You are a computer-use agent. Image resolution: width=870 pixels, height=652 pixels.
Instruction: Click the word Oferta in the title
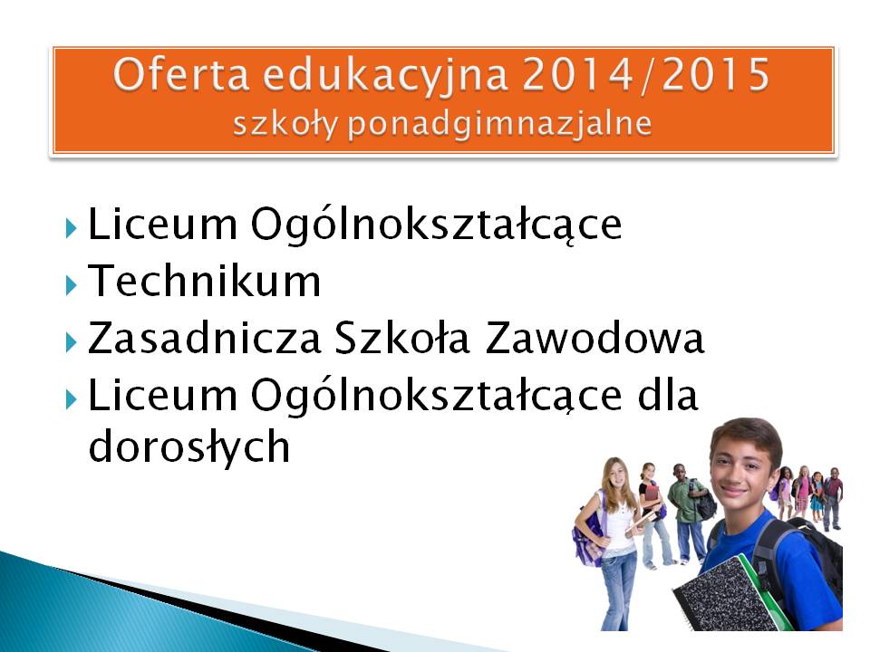tap(181, 74)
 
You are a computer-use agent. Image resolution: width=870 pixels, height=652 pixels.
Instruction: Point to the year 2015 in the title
tap(715, 74)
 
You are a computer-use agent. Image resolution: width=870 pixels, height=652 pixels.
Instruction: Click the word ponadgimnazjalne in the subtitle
tap(499, 124)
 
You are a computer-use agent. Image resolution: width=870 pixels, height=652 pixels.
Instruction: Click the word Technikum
tap(205, 281)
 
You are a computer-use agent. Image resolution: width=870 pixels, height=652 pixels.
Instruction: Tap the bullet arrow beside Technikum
tap(71, 285)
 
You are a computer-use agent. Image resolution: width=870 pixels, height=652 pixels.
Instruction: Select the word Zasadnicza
tap(205, 338)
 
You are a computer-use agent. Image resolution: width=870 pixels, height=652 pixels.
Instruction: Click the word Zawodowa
tap(594, 338)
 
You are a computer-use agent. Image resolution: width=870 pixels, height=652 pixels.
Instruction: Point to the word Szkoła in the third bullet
tap(402, 338)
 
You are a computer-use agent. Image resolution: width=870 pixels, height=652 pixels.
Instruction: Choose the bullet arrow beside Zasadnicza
tap(71, 342)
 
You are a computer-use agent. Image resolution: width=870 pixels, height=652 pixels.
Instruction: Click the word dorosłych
tap(189, 446)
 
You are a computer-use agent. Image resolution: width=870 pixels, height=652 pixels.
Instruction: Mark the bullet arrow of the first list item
tap(71, 228)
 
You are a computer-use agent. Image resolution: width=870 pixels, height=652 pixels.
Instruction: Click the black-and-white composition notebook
tap(722, 596)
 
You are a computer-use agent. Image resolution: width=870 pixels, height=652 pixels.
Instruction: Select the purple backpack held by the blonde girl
tap(587, 532)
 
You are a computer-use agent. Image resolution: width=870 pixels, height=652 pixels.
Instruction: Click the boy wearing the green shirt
tap(686, 513)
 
